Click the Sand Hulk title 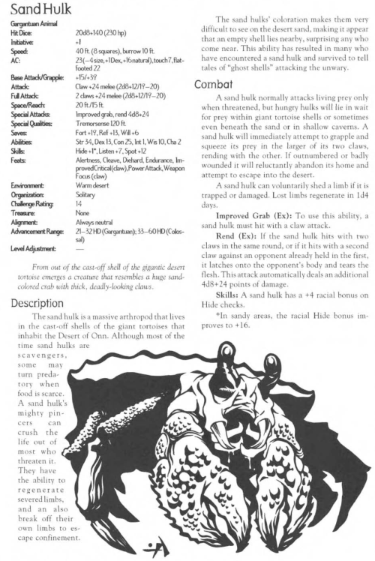tap(38, 11)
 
